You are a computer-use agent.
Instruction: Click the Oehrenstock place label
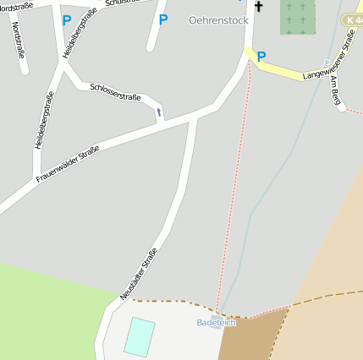pos(218,20)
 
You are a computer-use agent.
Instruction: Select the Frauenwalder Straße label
pos(68,164)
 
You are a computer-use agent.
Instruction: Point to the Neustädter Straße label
pos(138,274)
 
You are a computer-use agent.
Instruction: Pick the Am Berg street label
pos(335,91)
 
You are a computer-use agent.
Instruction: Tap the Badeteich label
pos(217,323)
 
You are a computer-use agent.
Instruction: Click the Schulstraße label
pos(120,3)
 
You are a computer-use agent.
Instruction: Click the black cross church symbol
pos(258,8)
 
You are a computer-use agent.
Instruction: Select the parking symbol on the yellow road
pos(261,57)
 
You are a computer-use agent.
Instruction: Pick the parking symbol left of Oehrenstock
pos(163,19)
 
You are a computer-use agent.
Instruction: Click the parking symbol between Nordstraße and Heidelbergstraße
pos(67,19)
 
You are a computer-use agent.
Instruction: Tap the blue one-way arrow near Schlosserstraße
pos(158,112)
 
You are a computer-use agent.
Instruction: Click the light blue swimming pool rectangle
pos(140,336)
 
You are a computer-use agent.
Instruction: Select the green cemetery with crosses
pos(297,16)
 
